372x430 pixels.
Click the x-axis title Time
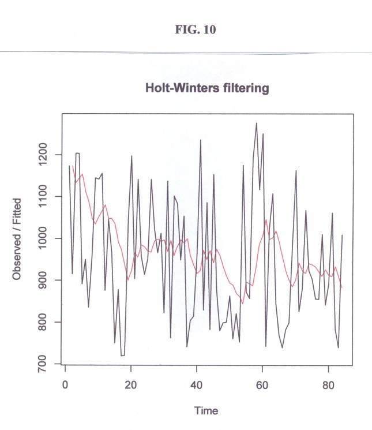click(206, 411)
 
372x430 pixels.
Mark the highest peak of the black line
click(256, 124)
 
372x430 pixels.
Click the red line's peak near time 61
click(266, 220)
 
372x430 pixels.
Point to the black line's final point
click(342, 235)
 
